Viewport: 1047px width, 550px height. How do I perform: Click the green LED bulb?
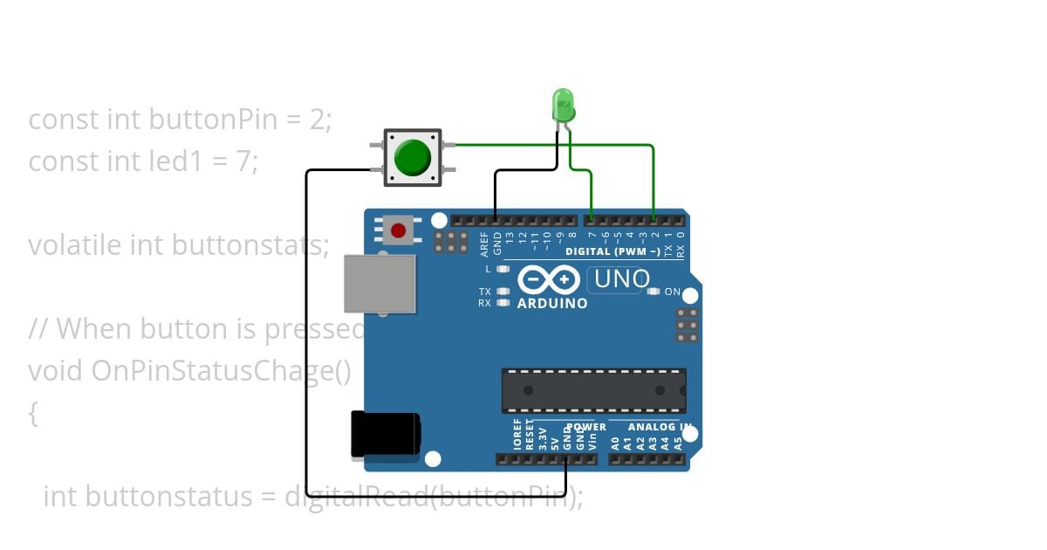[x=564, y=106]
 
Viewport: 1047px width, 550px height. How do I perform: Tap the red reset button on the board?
[x=399, y=230]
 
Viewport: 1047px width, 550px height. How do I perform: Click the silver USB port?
[x=380, y=283]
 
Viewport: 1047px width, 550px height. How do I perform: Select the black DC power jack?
[x=385, y=434]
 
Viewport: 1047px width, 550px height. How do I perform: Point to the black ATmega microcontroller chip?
[x=593, y=389]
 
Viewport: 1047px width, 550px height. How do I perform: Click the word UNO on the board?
[x=621, y=279]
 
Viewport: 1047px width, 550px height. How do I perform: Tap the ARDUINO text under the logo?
[x=552, y=304]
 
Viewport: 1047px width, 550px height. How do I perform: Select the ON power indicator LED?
[x=654, y=292]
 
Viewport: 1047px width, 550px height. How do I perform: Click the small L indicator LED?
[x=503, y=269]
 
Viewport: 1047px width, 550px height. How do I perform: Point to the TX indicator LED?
[x=503, y=292]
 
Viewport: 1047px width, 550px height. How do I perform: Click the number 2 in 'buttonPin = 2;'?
[x=317, y=119]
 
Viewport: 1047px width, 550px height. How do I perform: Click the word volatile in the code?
[x=75, y=245]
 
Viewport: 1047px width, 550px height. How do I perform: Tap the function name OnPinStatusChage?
[x=217, y=371]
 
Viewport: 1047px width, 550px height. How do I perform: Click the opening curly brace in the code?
[x=33, y=413]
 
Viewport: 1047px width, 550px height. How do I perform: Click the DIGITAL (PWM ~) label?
[x=612, y=251]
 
